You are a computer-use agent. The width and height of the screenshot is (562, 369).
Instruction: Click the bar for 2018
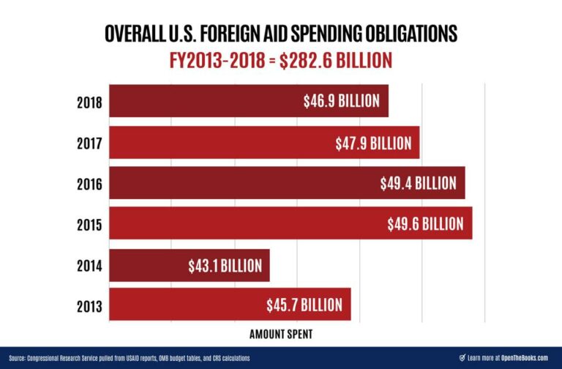click(x=249, y=101)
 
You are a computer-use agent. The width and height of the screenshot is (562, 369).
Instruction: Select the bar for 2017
click(x=264, y=142)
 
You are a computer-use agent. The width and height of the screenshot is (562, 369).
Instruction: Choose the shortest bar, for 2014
click(x=190, y=265)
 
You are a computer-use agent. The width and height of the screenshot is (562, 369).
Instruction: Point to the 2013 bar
click(x=230, y=305)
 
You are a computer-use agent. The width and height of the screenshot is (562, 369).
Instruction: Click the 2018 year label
click(x=89, y=102)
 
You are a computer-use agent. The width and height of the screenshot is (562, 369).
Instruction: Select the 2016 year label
click(x=89, y=183)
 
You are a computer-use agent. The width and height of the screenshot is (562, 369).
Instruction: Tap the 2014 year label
click(x=89, y=265)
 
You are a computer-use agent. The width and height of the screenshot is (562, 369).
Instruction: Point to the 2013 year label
click(x=89, y=305)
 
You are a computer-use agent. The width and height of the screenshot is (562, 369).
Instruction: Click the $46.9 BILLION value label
click(x=342, y=101)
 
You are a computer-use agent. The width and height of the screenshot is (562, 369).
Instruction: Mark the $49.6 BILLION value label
click(x=425, y=223)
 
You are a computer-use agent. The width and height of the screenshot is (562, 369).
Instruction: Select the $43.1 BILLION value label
click(x=223, y=265)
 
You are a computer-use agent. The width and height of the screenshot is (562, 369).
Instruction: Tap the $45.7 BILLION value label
click(x=304, y=305)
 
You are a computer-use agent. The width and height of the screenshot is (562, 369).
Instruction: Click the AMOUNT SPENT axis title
click(x=280, y=334)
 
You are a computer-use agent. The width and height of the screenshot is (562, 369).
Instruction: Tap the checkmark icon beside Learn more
click(x=462, y=358)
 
